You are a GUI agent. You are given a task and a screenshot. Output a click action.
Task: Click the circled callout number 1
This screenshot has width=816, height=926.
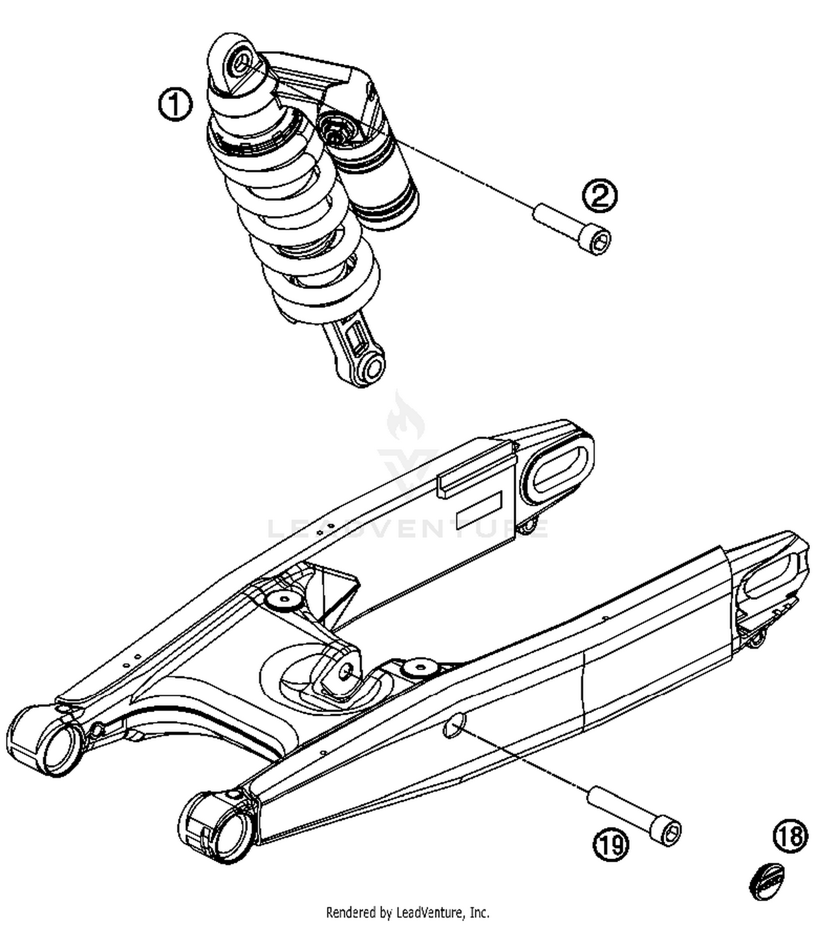click(x=175, y=105)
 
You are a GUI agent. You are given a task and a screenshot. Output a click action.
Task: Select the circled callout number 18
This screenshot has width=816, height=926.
click(x=790, y=836)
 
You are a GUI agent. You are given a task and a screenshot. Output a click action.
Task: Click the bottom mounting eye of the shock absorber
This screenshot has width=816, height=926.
click(x=373, y=369)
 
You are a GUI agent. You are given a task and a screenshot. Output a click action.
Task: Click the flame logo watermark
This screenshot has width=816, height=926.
click(x=406, y=416)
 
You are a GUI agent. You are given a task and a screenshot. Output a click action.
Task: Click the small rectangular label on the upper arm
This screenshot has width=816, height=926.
click(x=479, y=508)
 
